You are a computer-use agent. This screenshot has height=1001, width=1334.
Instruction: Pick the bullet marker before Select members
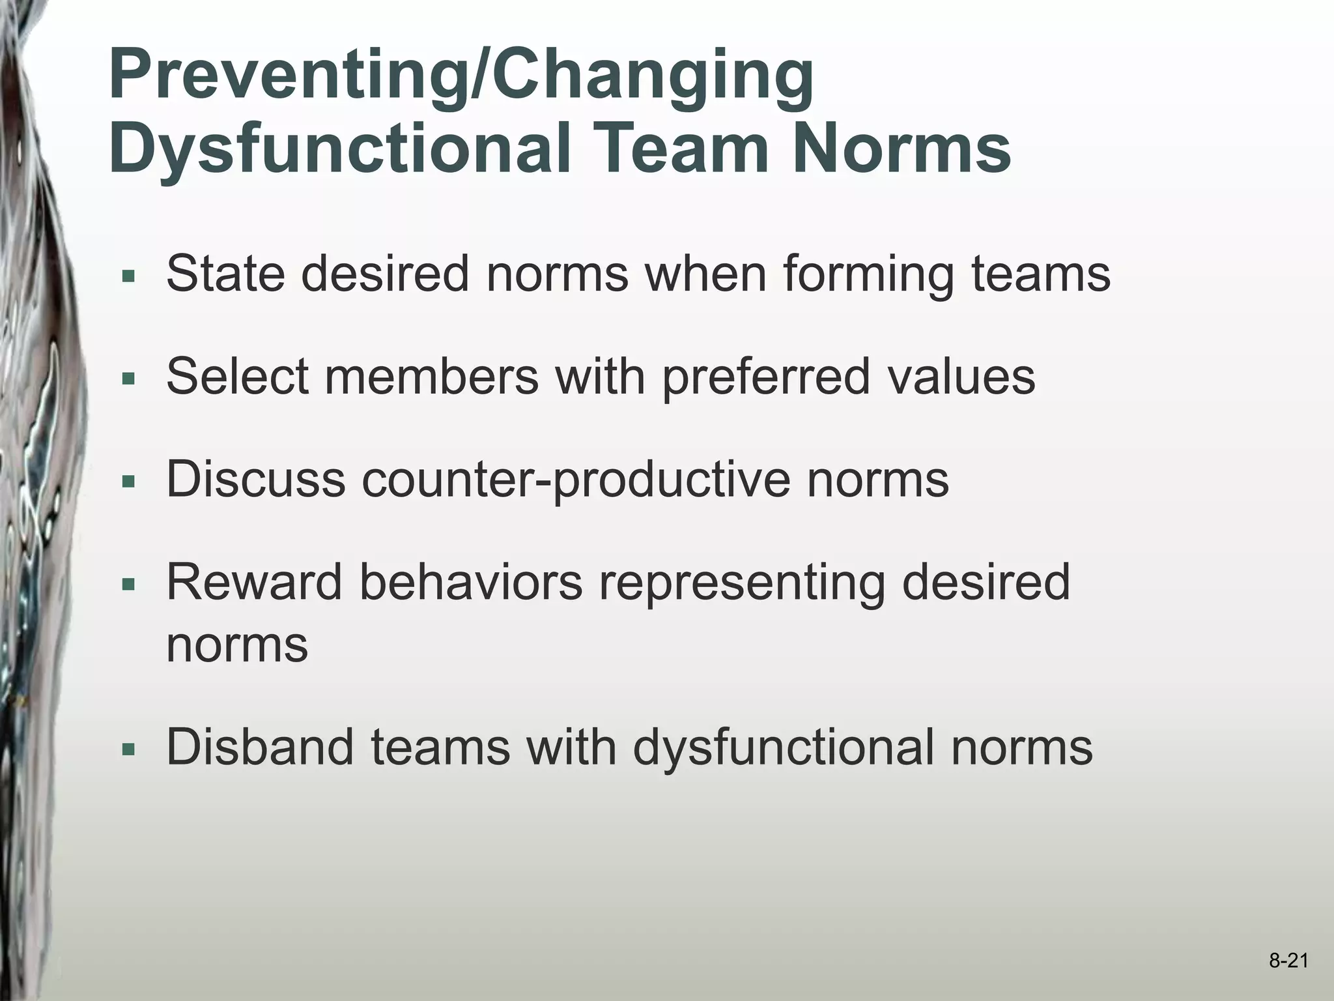[x=128, y=379]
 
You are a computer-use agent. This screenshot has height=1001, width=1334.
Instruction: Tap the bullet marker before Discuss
[x=128, y=482]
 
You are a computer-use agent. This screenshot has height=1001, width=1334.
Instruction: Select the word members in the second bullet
[x=431, y=377]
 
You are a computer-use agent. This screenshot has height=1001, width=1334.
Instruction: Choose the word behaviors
[x=470, y=583]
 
